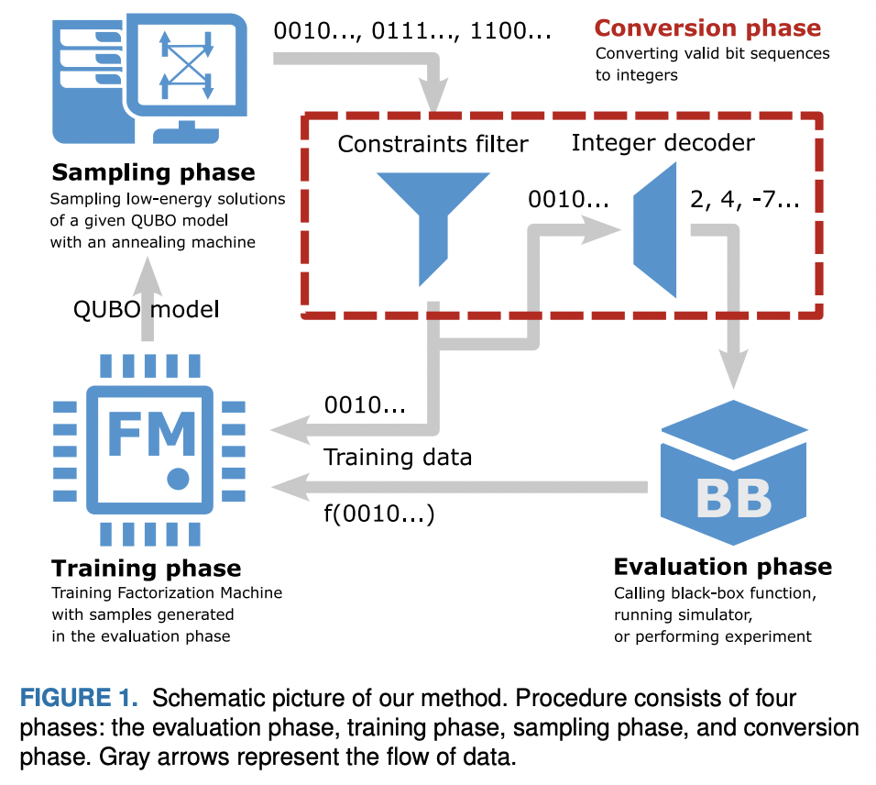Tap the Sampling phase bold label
[153, 172]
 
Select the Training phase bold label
[146, 568]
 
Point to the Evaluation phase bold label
[722, 566]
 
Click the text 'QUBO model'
[146, 309]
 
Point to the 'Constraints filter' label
[433, 144]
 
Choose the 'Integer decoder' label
[662, 142]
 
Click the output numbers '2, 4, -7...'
[744, 201]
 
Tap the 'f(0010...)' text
[379, 514]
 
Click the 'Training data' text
[398, 457]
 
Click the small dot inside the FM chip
[179, 478]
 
